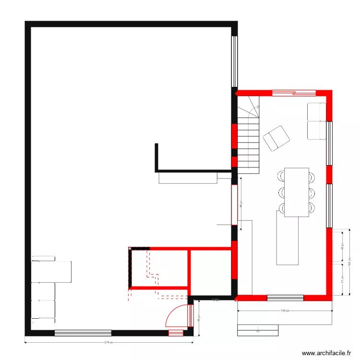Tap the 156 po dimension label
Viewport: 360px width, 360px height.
[x=284, y=311]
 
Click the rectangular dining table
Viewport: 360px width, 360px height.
[x=296, y=192]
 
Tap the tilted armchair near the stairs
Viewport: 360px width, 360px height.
[x=276, y=138]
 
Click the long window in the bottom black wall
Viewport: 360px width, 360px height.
[x=83, y=333]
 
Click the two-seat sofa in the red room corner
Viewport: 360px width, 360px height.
[x=317, y=121]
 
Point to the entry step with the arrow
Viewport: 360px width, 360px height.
[x=258, y=330]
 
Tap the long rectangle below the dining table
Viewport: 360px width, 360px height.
[x=287, y=238]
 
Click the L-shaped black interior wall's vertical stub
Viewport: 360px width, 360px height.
[x=156, y=156]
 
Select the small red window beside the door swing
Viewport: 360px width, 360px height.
[x=176, y=333]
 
